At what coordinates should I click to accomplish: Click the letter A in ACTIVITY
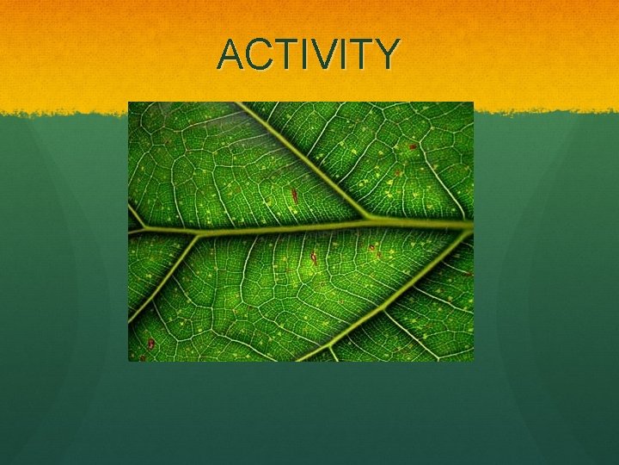pos(231,54)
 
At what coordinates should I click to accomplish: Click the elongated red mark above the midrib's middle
pos(294,195)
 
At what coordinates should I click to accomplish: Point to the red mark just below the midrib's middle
pos(314,257)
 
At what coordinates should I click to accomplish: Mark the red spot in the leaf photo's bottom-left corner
pos(150,344)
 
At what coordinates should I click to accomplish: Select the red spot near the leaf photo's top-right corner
pos(413,146)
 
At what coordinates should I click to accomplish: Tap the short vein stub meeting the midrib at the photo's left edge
pos(134,215)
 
